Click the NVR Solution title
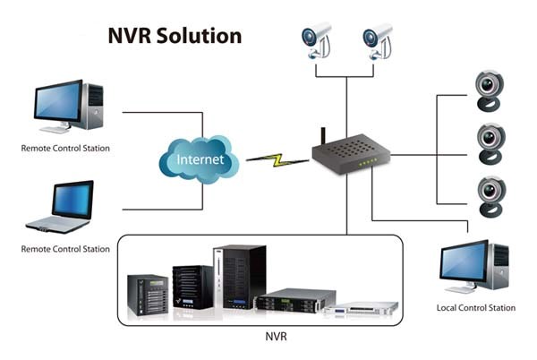175,36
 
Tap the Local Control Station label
476,308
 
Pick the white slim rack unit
362,309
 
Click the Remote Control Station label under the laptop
66,249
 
